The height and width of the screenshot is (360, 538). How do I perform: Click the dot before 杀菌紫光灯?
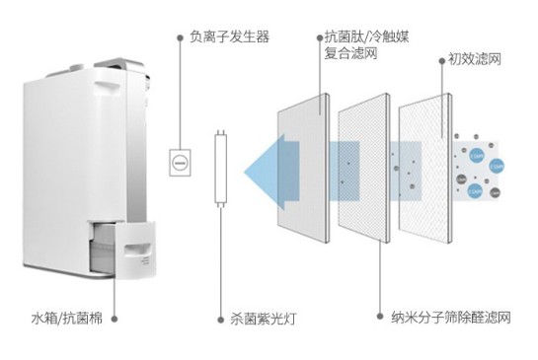click(221, 320)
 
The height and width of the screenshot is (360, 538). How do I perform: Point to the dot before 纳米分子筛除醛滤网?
click(381, 320)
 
